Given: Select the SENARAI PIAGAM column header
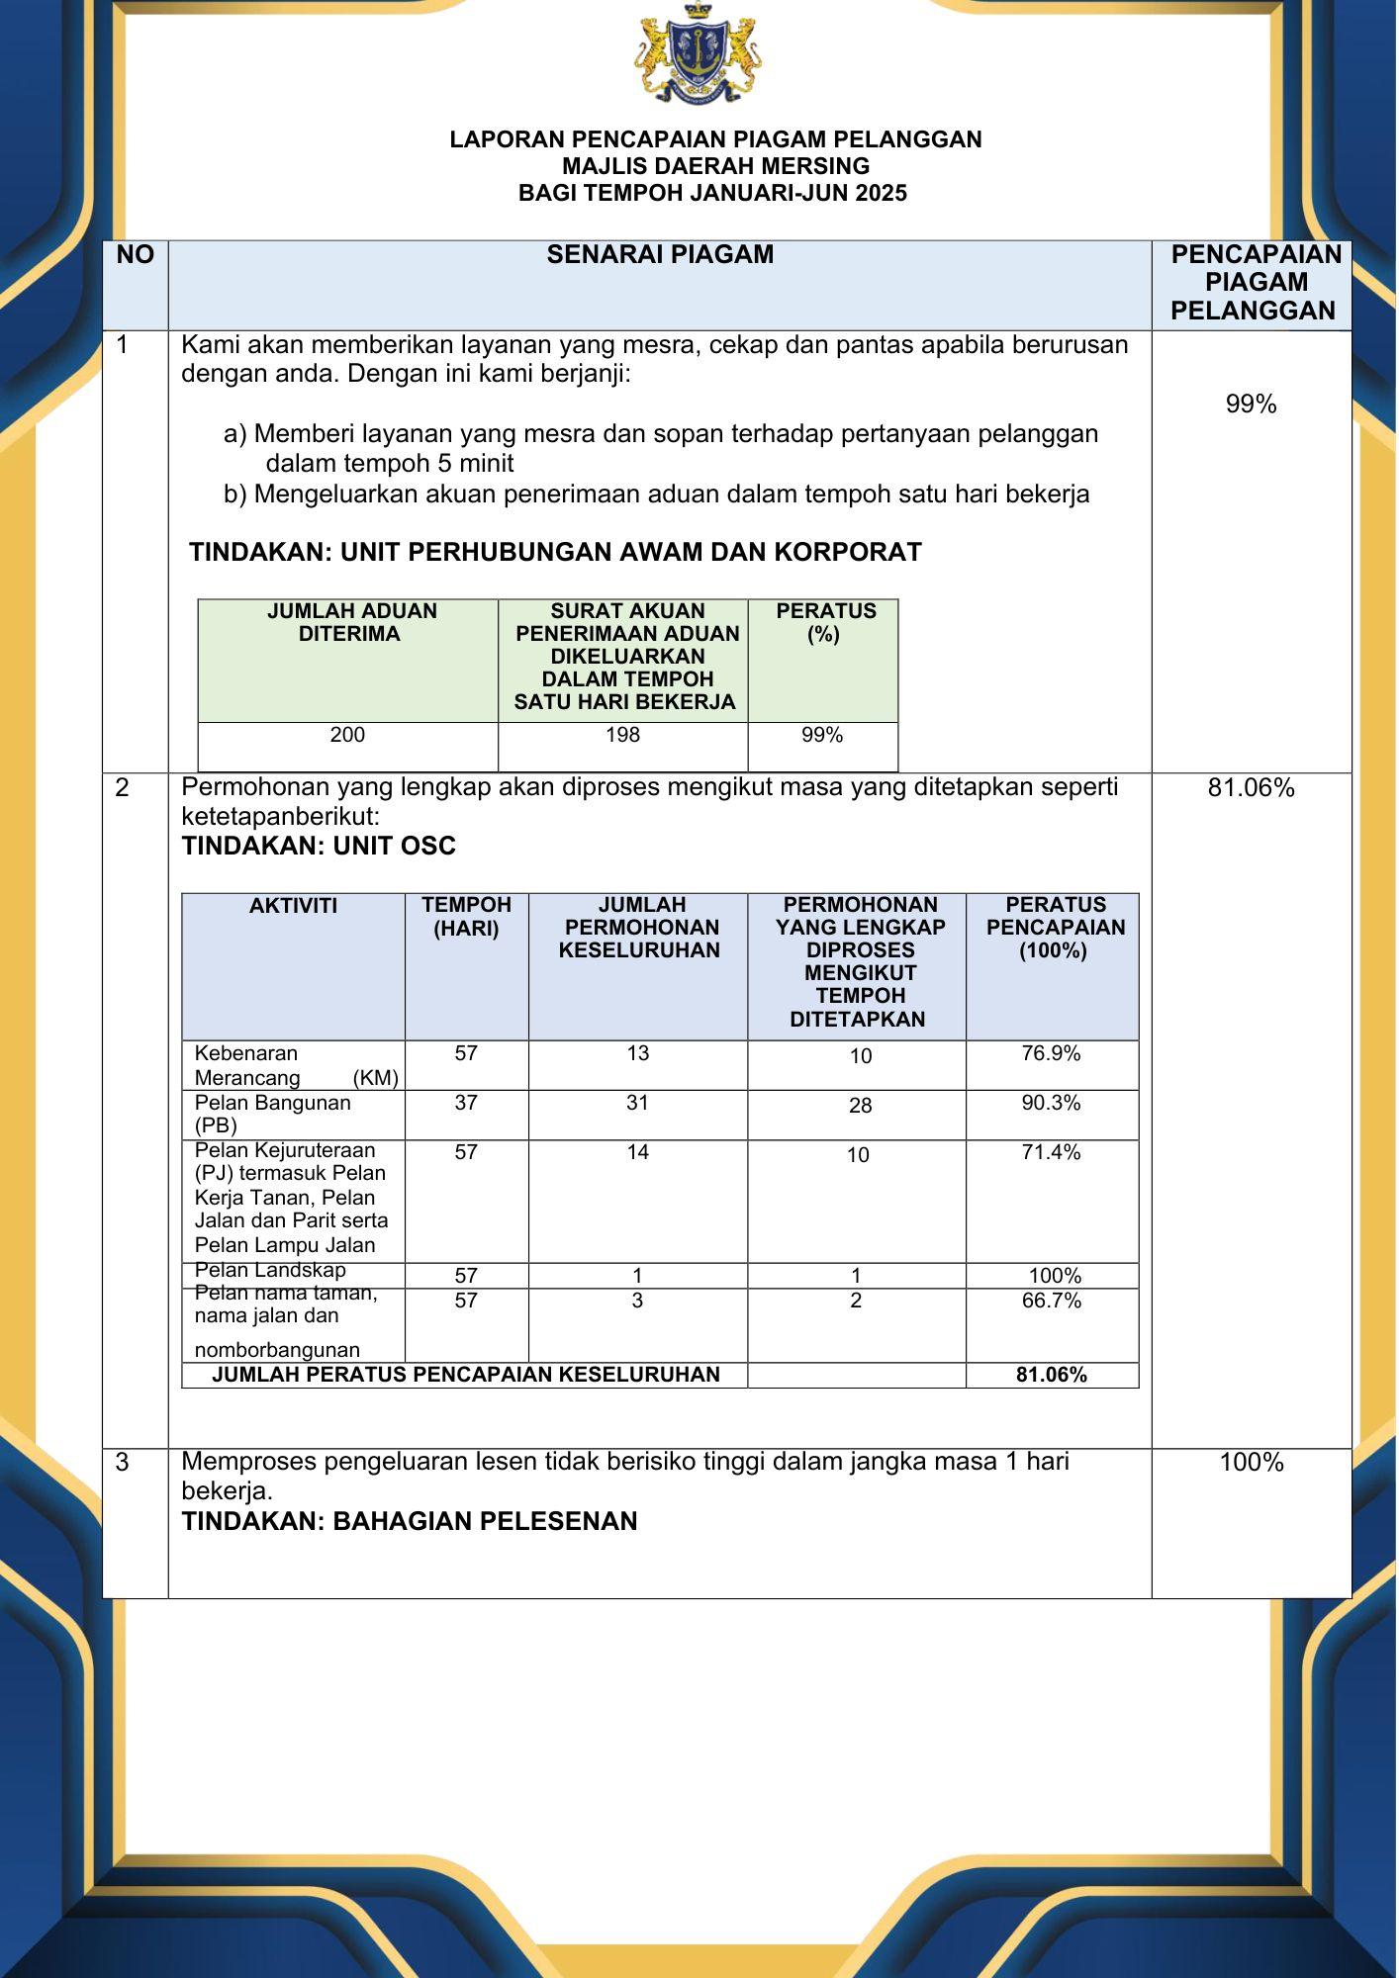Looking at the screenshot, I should [x=660, y=255].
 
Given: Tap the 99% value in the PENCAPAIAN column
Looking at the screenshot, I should [x=1251, y=405].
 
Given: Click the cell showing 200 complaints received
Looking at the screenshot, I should [x=347, y=735].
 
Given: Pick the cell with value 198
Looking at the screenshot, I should [x=623, y=735].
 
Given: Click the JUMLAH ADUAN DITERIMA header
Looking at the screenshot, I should [x=351, y=623].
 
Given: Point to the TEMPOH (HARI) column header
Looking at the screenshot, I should [x=466, y=917].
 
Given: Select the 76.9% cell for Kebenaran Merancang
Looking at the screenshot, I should [x=1051, y=1054].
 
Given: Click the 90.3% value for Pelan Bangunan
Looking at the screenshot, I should [x=1051, y=1103].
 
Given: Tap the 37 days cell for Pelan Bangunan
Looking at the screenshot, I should [x=466, y=1103].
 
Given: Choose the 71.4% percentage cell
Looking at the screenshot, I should [x=1051, y=1152].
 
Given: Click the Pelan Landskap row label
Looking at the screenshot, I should [x=270, y=1271].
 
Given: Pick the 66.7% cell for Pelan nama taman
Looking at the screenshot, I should [x=1051, y=1301].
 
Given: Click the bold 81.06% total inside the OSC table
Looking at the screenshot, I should [x=1051, y=1375].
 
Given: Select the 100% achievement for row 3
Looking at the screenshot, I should [x=1251, y=1463].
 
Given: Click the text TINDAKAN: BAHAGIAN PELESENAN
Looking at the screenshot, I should [x=410, y=1521].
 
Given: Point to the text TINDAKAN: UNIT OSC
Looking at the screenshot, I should [x=319, y=847].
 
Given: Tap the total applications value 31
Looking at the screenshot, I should [x=637, y=1103].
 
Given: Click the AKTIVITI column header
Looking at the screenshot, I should [x=293, y=906].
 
